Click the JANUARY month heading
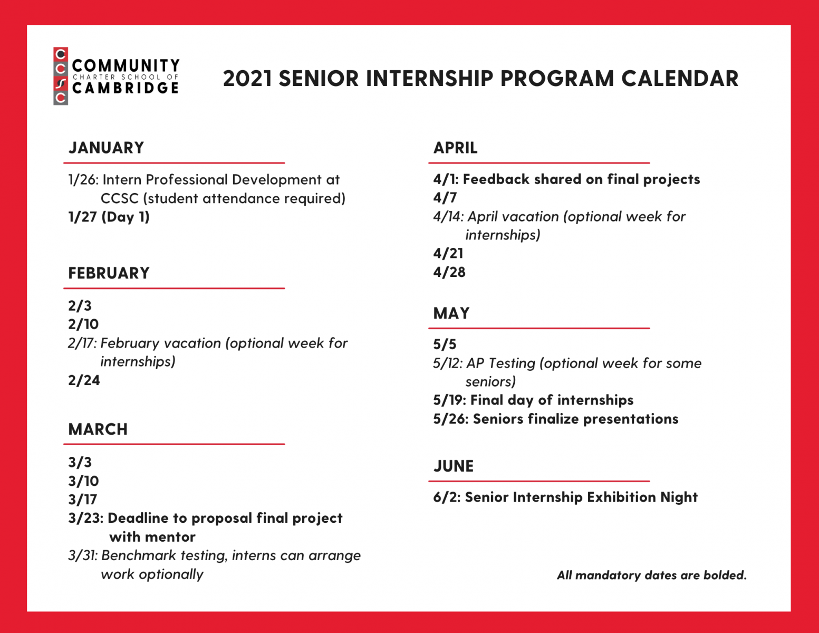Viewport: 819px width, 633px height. point(106,148)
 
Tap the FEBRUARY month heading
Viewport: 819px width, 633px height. point(109,273)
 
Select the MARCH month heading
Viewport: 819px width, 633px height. point(98,429)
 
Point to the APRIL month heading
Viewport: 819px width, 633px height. point(455,148)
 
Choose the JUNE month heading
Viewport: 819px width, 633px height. point(453,466)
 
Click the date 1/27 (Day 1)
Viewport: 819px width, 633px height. point(109,217)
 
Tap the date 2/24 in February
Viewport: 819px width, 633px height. point(84,380)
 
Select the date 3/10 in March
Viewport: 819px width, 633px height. point(83,481)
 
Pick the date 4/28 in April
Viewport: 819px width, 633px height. point(449,272)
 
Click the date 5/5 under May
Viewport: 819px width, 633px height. point(445,344)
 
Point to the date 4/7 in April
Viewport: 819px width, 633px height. point(445,198)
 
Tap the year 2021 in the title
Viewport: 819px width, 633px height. point(247,79)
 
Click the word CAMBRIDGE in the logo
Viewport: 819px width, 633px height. point(126,88)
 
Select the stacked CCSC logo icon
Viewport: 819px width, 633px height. point(61,76)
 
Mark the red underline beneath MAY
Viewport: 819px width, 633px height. point(539,329)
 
